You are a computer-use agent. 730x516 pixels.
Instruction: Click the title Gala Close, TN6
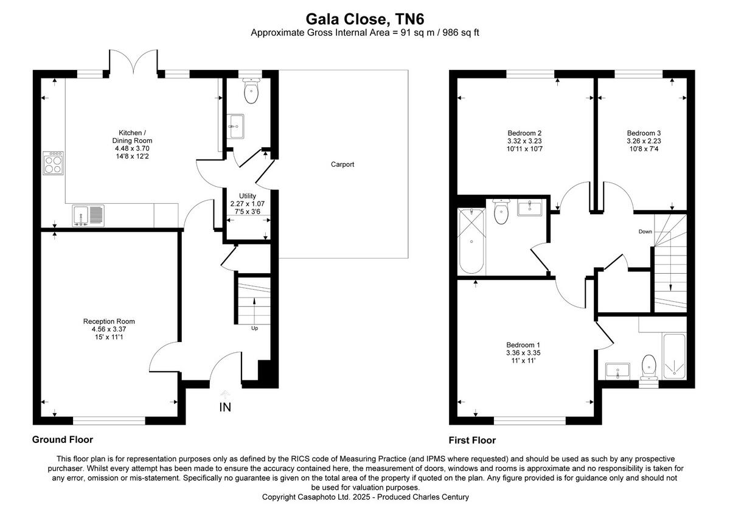(364, 19)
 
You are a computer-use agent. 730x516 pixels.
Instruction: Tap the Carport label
(342, 164)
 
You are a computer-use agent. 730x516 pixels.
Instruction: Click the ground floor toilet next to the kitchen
(251, 92)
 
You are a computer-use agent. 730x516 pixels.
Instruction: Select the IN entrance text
(225, 407)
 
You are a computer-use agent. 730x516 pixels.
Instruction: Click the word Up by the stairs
(255, 328)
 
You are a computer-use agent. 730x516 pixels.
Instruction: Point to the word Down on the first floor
(645, 232)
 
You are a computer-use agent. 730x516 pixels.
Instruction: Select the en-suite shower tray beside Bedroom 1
(673, 355)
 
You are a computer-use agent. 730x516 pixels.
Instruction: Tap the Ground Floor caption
(62, 439)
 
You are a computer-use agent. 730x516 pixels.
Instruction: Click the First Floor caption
(472, 440)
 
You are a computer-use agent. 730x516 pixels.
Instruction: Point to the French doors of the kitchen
(134, 62)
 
